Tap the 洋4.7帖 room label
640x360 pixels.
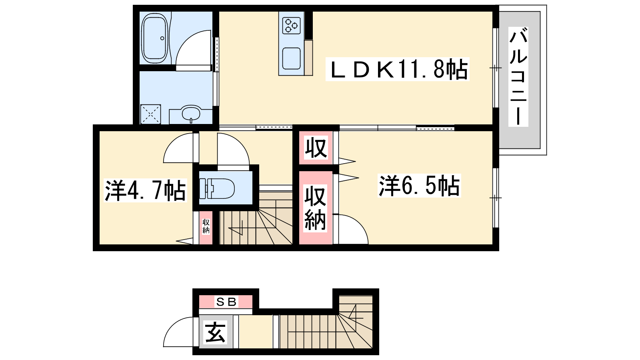click(146, 190)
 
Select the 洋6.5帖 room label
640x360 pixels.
click(419, 186)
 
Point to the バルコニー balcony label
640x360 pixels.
click(518, 76)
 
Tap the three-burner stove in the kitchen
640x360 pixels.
click(292, 25)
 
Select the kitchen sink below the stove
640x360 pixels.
click(292, 58)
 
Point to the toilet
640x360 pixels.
click(217, 188)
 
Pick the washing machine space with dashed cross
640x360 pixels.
click(150, 114)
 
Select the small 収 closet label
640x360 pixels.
click(316, 148)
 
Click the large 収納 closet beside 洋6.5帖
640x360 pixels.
click(315, 208)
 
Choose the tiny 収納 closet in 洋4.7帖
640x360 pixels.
click(206, 226)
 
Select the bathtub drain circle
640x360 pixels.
click(162, 38)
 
